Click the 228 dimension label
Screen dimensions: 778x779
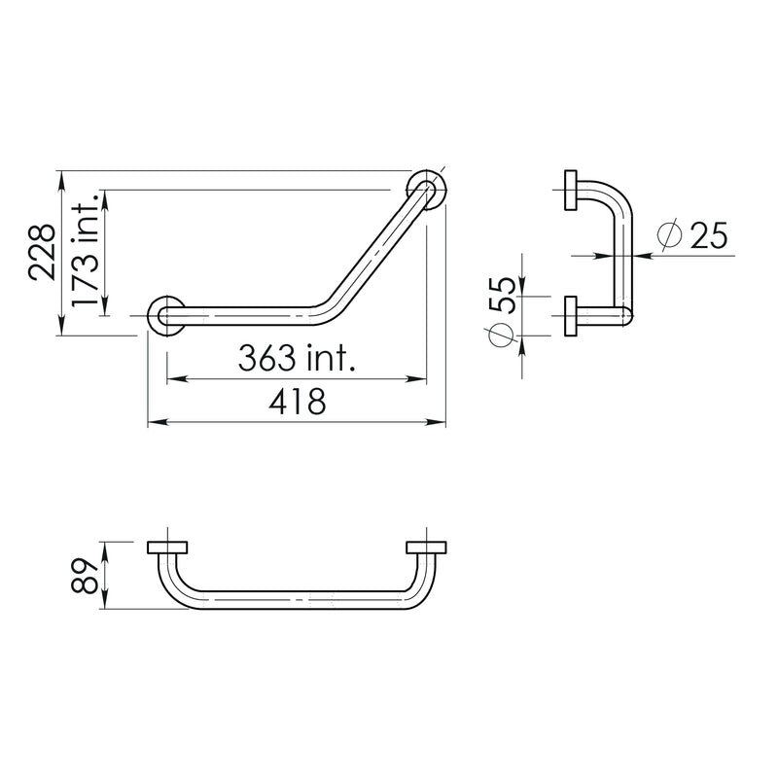pyautogui.click(x=42, y=253)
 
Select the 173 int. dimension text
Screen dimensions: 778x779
pyautogui.click(x=84, y=250)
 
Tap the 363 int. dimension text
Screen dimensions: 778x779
pyautogui.click(x=297, y=358)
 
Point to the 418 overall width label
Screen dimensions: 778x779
pyautogui.click(x=297, y=402)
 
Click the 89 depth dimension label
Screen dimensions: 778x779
pyautogui.click(x=85, y=576)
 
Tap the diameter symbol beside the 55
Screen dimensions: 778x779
pyautogui.click(x=501, y=335)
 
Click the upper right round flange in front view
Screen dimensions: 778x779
pyautogui.click(x=427, y=190)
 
